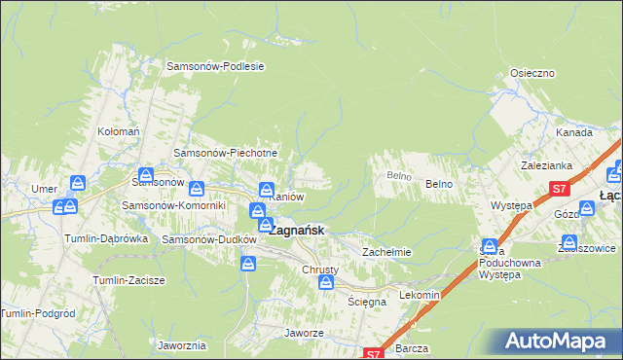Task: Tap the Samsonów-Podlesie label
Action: tap(216, 66)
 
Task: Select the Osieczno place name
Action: tap(532, 73)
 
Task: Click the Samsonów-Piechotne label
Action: tap(226, 153)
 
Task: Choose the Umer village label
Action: tap(44, 188)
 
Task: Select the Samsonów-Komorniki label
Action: tap(173, 205)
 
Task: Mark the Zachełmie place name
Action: tap(387, 252)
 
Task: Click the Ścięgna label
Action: tap(368, 302)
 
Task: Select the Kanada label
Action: tap(574, 132)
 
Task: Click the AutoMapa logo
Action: tap(557, 341)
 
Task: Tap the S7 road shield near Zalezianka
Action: tap(559, 190)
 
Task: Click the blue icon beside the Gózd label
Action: tap(587, 209)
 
